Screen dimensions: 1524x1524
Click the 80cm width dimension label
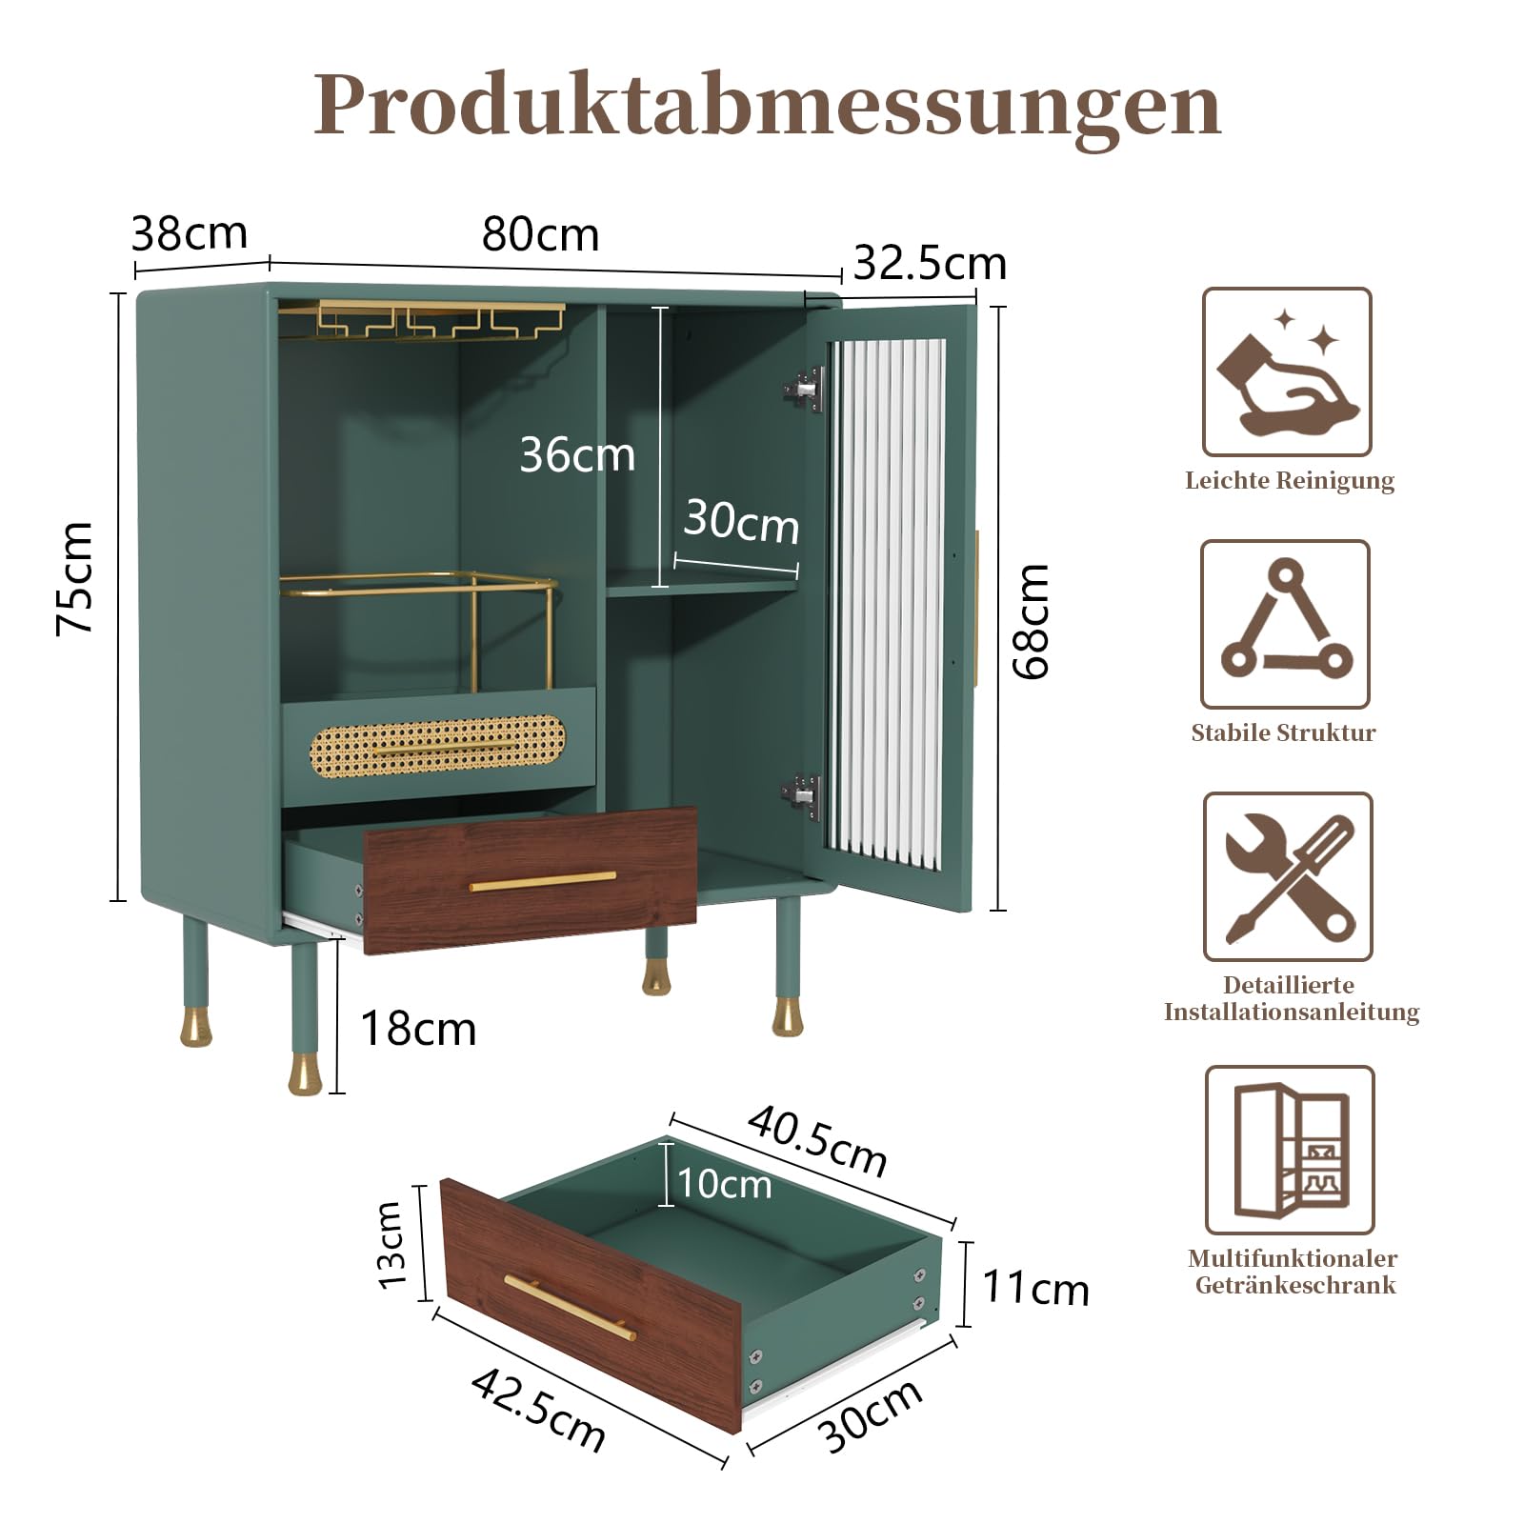coord(540,234)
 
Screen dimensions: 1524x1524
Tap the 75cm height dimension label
coord(74,578)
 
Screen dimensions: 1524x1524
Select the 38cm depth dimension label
coord(190,232)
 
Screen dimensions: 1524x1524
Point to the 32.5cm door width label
coord(930,263)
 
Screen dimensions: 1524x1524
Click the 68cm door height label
coord(1031,621)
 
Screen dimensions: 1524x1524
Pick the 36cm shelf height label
coord(577,454)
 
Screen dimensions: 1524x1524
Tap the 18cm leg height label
coord(418,1029)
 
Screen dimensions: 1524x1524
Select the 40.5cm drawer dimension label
coord(817,1140)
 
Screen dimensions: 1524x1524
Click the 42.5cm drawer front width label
coord(538,1411)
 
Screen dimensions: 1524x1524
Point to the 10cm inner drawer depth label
coord(724,1184)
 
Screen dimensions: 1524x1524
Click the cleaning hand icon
coord(1287,371)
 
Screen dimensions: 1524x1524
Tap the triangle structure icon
coord(1286,624)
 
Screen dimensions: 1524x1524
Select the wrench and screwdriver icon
coord(1288,876)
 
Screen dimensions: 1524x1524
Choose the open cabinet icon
coord(1290,1150)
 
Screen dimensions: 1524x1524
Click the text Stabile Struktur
coord(1283,732)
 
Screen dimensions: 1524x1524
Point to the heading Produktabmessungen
coord(768,105)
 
